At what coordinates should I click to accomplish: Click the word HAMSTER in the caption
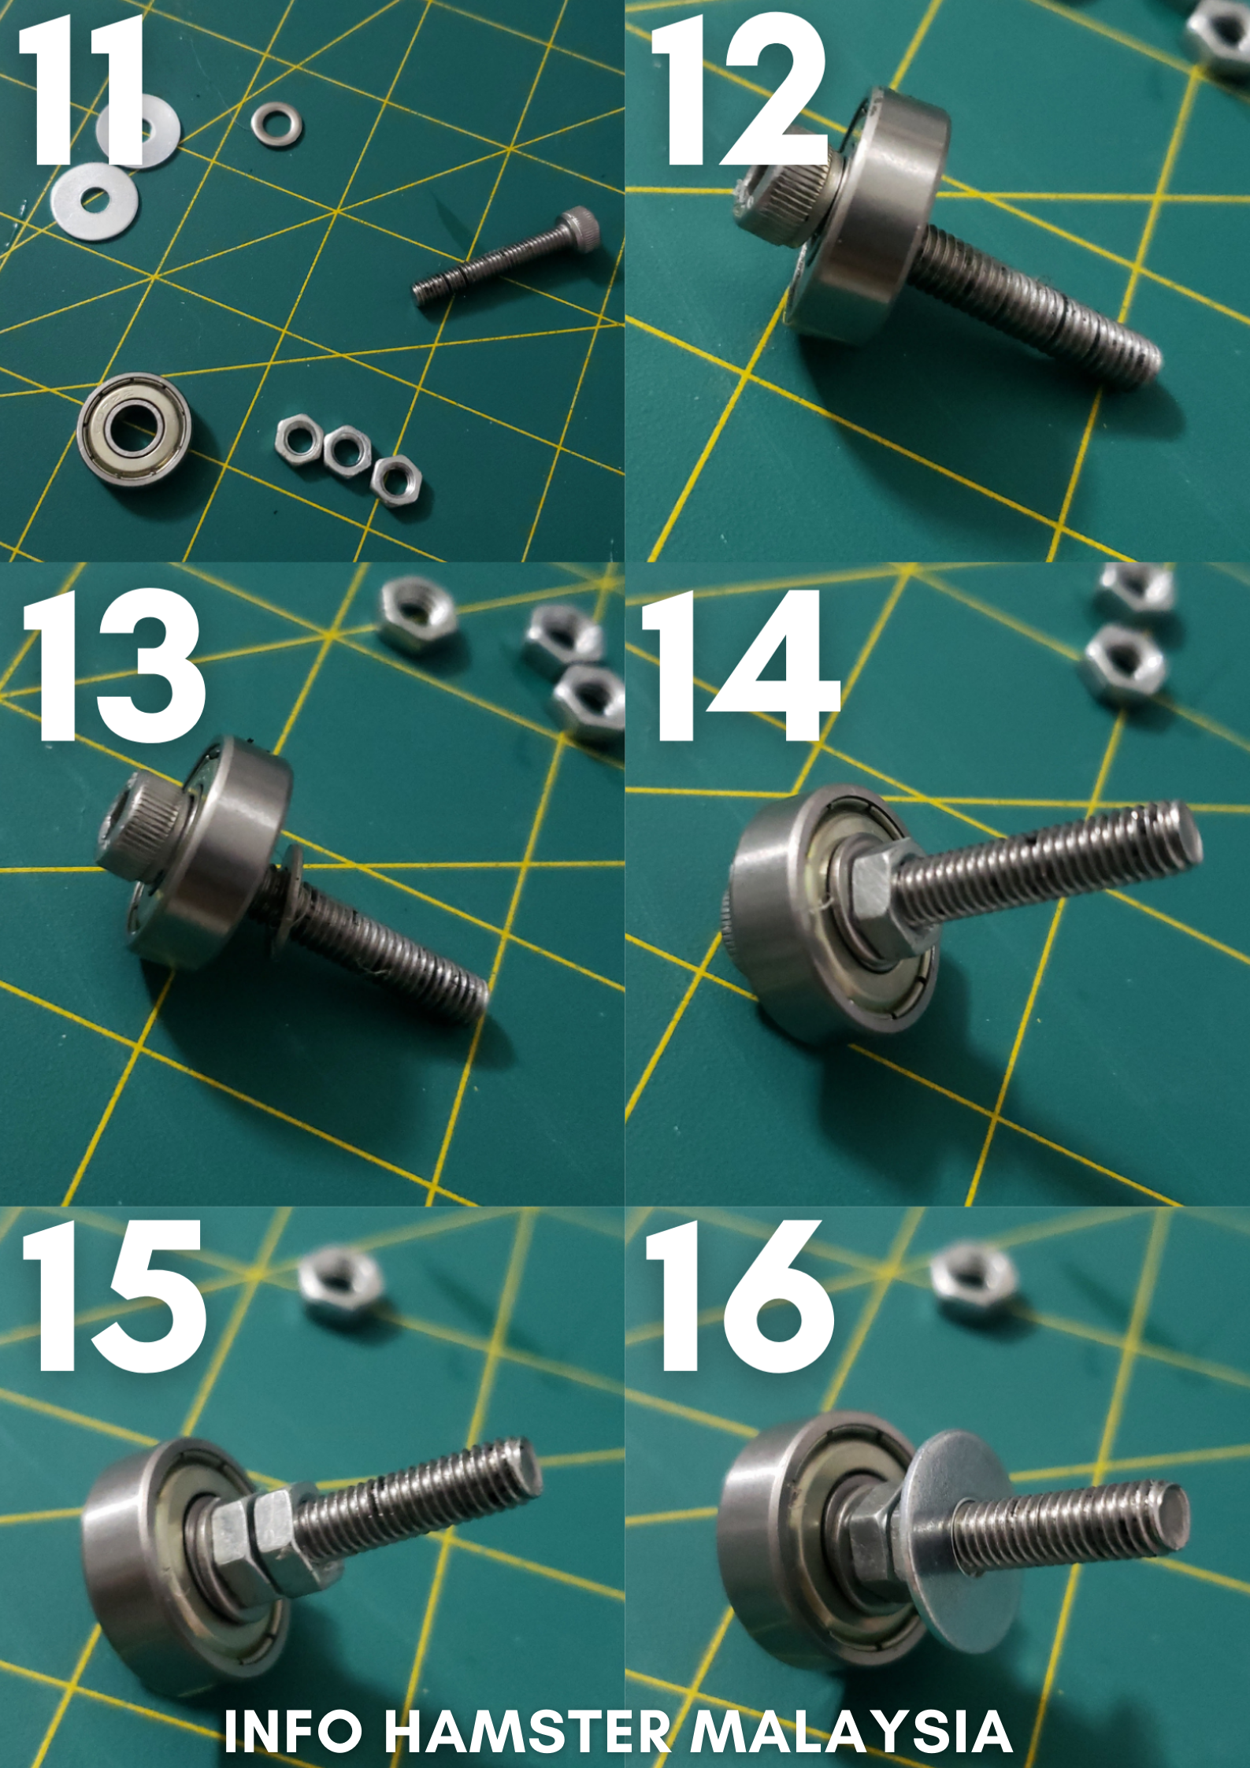coord(527,1732)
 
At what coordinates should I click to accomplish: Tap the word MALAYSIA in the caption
coord(851,1732)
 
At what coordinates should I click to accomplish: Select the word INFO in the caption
coord(293,1732)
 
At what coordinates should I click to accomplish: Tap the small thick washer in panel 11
coord(276,123)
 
